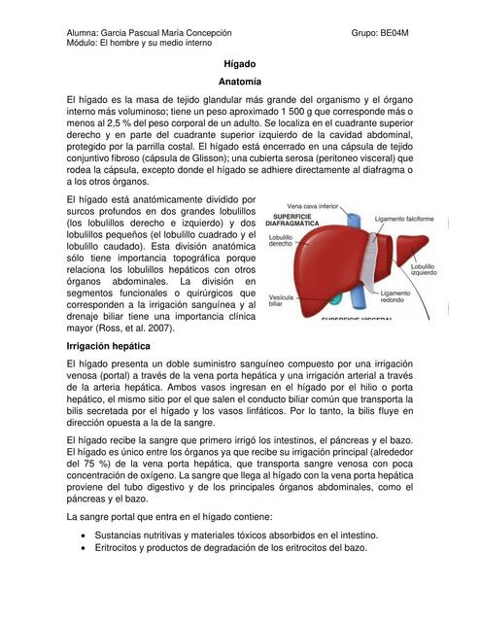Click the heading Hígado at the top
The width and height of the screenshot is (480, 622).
(239, 62)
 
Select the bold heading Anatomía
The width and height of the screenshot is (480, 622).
(239, 82)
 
